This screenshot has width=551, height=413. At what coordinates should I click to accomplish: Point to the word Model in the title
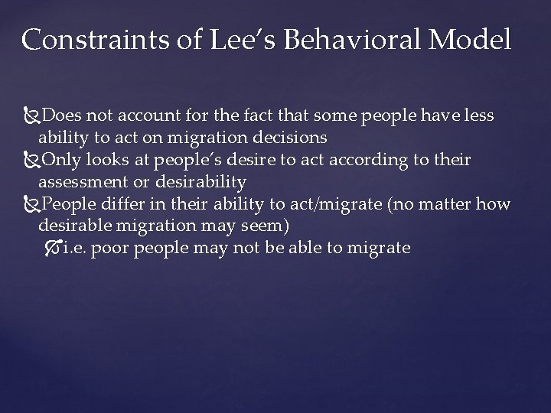click(474, 40)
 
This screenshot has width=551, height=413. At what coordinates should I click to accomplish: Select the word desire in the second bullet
click(281, 160)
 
